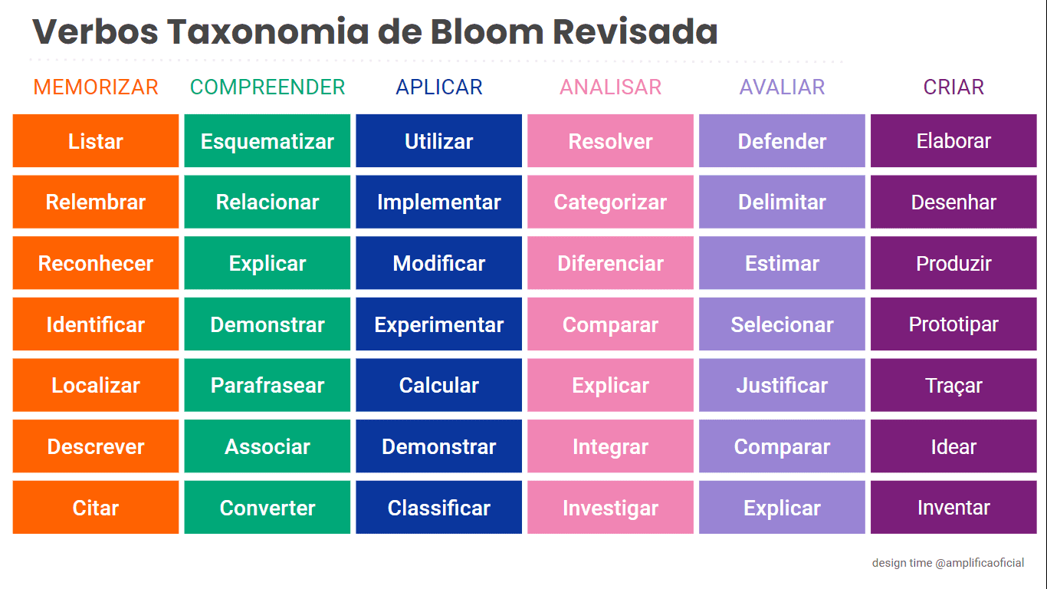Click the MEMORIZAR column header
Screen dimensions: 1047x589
tap(96, 87)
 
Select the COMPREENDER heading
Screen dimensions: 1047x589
tap(267, 87)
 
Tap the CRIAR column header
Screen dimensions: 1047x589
tap(953, 87)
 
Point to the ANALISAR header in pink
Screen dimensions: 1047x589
tap(610, 87)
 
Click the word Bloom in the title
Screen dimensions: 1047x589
tap(487, 31)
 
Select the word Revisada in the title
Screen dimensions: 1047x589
tap(635, 31)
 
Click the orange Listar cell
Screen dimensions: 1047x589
tap(96, 141)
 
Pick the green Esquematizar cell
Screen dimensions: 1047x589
tap(267, 141)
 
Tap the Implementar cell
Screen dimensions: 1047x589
tap(439, 202)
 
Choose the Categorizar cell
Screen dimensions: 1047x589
tap(610, 202)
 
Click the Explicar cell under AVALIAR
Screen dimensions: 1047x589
tap(782, 508)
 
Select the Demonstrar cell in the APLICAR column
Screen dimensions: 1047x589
tap(439, 446)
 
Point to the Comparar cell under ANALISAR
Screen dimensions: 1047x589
tap(610, 324)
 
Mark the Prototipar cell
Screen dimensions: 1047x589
tap(953, 324)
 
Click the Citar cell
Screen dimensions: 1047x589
tap(96, 508)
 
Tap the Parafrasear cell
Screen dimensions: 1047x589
tap(267, 386)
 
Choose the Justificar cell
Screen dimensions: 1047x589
tap(782, 386)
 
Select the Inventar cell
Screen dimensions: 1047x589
tap(953, 508)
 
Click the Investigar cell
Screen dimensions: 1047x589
tap(610, 508)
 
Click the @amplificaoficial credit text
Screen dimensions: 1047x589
tap(980, 563)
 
